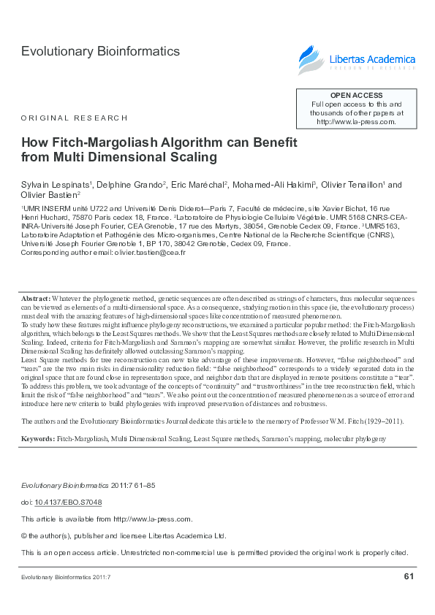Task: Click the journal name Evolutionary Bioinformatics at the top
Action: click(x=100, y=52)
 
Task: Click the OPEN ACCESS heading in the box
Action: click(x=356, y=96)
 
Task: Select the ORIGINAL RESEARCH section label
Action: click(x=75, y=118)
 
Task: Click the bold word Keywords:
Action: click(x=38, y=438)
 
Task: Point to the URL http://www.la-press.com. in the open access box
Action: click(x=356, y=122)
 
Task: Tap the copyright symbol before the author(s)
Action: click(x=25, y=535)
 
